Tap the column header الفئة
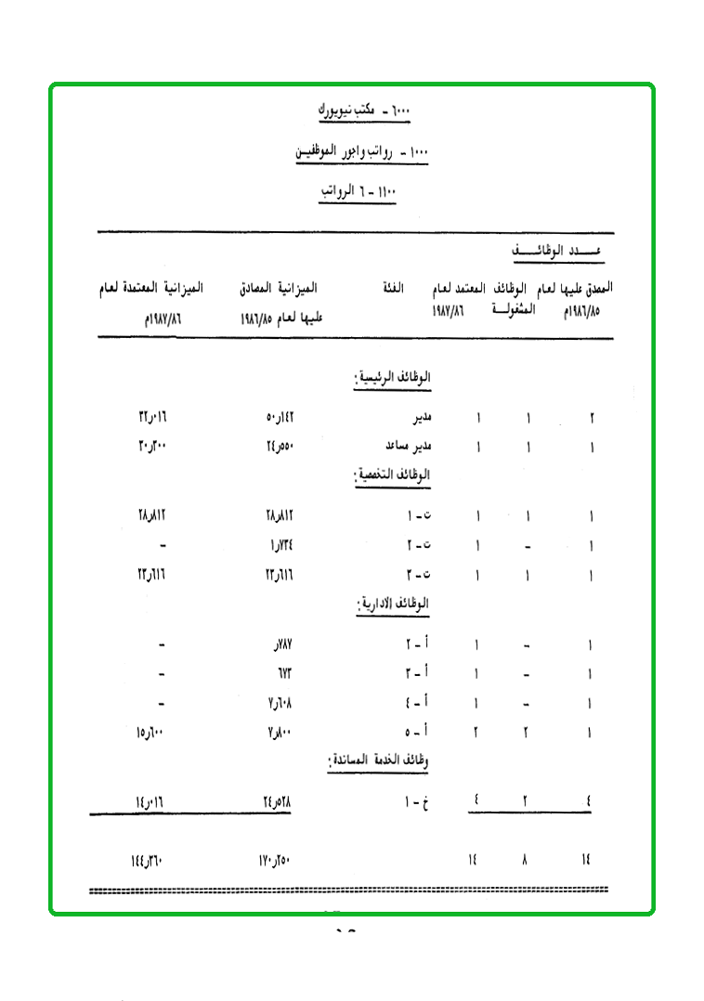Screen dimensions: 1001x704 point(404,289)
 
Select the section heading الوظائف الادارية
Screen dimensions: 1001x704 point(394,604)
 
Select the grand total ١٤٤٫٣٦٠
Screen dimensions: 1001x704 point(147,861)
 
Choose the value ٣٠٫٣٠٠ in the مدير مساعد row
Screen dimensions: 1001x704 point(150,447)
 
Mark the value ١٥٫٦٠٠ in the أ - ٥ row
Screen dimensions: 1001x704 point(150,733)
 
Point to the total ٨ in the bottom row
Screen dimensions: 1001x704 point(526,861)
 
